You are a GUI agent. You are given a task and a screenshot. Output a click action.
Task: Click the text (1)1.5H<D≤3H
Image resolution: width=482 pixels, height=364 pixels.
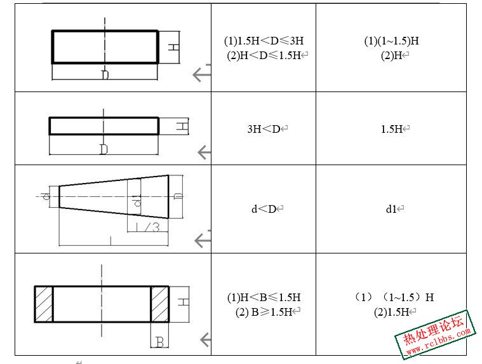click(x=264, y=41)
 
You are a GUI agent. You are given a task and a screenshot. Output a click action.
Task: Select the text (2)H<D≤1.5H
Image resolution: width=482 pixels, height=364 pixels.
click(x=264, y=55)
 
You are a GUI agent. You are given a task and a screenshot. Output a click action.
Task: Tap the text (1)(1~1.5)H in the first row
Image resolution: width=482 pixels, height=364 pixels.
click(x=391, y=41)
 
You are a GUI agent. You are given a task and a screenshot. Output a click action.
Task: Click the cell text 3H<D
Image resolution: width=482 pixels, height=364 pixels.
click(x=264, y=129)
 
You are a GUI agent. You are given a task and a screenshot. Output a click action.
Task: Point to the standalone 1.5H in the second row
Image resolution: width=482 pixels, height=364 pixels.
click(x=391, y=129)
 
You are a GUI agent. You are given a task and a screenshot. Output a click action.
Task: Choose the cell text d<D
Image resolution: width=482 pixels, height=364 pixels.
click(x=264, y=209)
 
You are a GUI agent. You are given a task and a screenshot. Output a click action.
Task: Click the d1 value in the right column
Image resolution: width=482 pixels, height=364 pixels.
click(x=391, y=209)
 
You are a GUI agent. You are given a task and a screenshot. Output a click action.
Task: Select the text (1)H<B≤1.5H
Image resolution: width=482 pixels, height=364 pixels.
click(x=264, y=297)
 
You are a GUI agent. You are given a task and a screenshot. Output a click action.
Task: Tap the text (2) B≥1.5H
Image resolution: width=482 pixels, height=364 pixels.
click(x=264, y=312)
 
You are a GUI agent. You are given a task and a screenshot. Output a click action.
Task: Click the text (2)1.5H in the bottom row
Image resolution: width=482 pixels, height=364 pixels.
click(x=391, y=312)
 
